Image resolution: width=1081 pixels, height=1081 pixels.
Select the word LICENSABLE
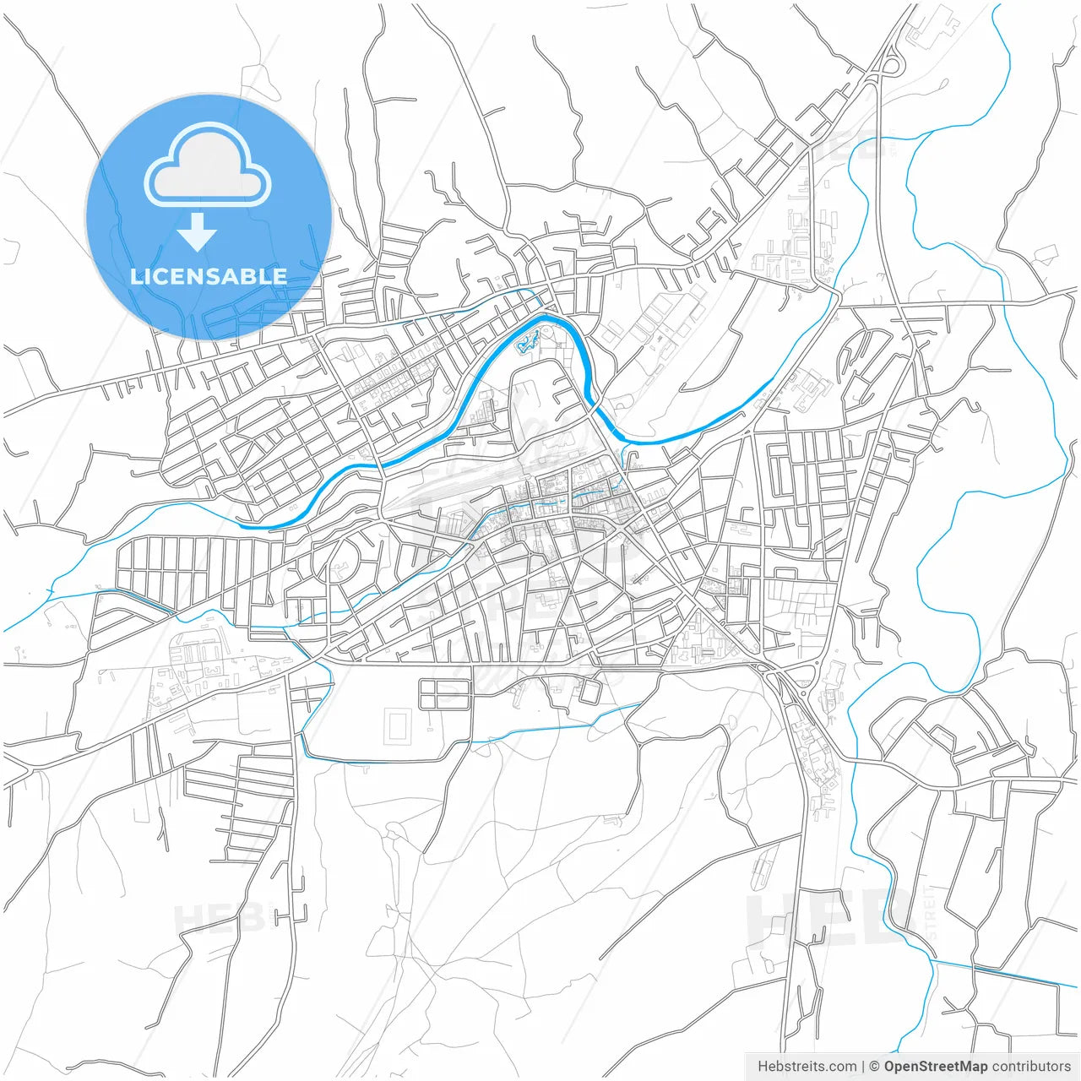coord(209,276)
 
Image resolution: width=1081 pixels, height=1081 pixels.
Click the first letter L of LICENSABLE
coord(136,276)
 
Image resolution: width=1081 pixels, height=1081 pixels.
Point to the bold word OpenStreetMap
coord(936,1067)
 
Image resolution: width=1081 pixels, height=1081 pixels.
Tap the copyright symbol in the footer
coord(874,1067)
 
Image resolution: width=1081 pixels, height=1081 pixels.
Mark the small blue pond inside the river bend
coord(528,341)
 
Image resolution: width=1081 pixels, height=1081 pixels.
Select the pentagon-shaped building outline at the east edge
coord(1046,254)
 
